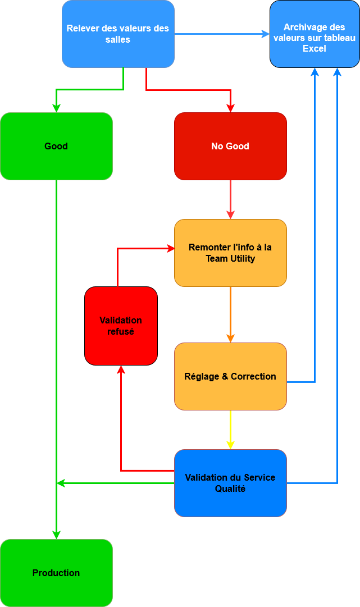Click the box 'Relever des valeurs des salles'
click(x=118, y=34)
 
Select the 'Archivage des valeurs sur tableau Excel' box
click(x=315, y=34)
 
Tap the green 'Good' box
click(x=56, y=146)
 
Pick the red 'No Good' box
click(x=230, y=146)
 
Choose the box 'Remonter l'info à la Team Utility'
click(x=230, y=253)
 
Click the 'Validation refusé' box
click(x=121, y=326)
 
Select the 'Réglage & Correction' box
click(x=230, y=376)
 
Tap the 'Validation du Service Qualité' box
click(x=230, y=483)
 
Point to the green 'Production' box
click(x=56, y=573)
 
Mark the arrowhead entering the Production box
click(x=56, y=535)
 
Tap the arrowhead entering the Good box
click(x=56, y=108)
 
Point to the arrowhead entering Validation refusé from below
click(x=121, y=369)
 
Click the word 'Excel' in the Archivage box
click(x=315, y=48)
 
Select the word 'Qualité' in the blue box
click(x=230, y=489)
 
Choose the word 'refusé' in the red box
click(x=121, y=331)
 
